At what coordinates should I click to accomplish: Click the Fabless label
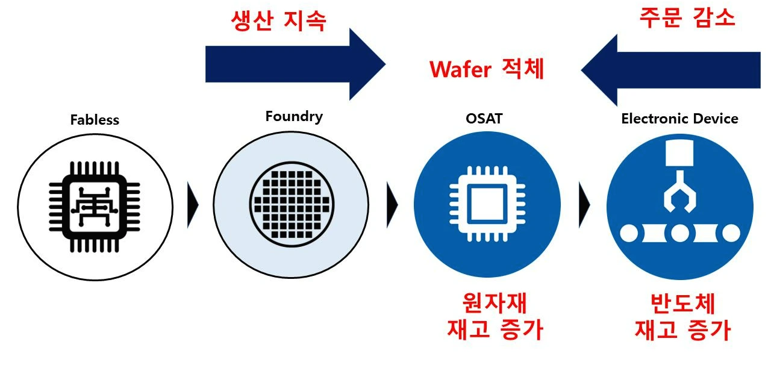click(x=95, y=120)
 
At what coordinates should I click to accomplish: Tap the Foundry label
click(x=294, y=116)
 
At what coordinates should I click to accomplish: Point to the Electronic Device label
click(x=679, y=119)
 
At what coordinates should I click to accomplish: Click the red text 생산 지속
click(x=278, y=22)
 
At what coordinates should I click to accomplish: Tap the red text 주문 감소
click(x=687, y=17)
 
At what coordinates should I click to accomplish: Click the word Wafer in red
click(x=460, y=70)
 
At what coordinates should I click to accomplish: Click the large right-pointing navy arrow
click(x=295, y=64)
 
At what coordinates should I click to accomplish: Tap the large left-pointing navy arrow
click(x=670, y=70)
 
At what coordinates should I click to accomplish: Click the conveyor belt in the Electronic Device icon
click(x=679, y=232)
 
